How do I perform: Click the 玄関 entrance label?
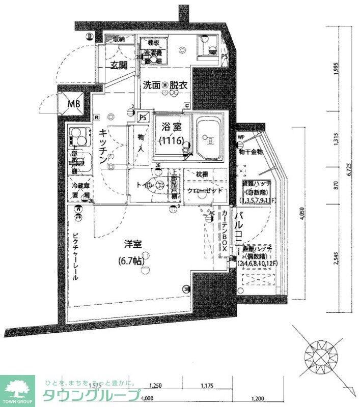[x=120, y=65]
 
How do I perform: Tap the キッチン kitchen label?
[x=102, y=145]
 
